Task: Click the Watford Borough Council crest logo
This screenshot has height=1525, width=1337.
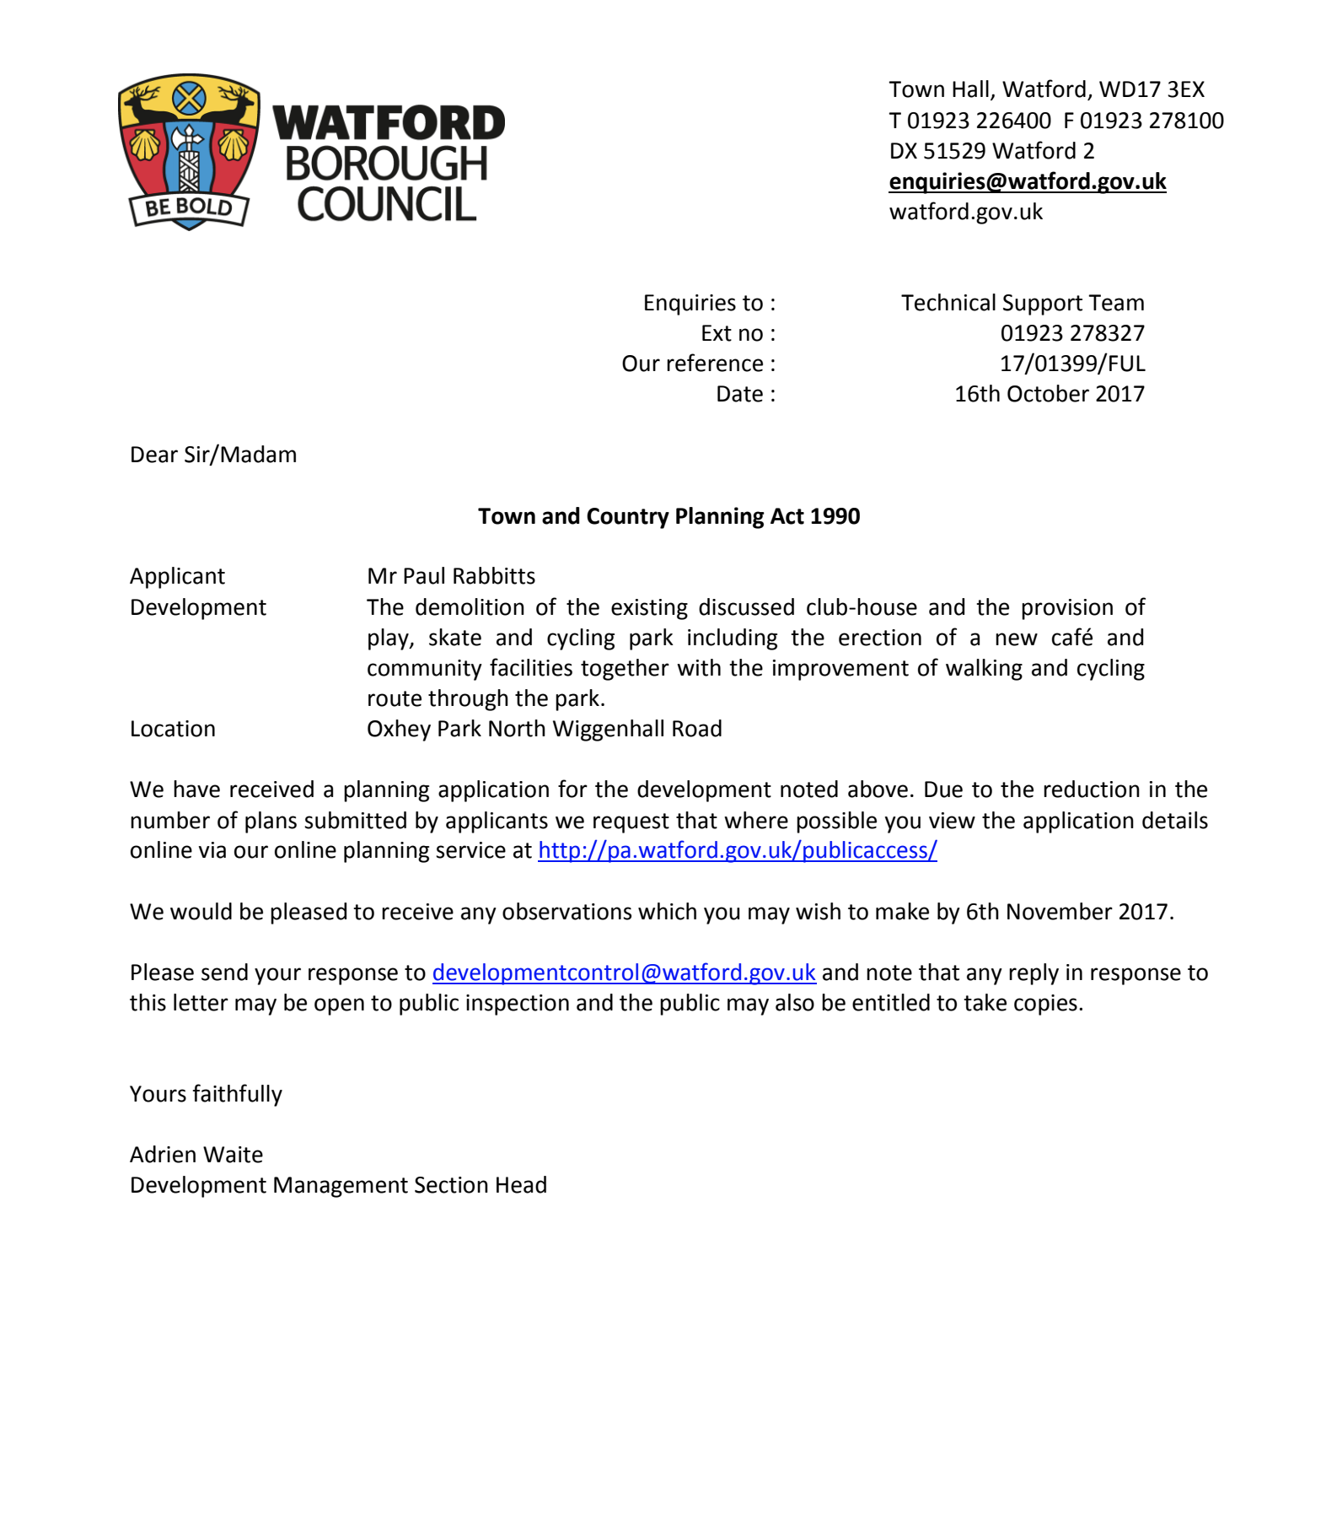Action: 189,150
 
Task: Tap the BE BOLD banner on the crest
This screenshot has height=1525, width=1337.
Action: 189,207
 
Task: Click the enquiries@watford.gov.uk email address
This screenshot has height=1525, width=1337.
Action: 1027,181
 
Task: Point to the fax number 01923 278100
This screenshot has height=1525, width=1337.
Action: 1152,121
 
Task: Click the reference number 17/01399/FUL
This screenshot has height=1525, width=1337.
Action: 1071,364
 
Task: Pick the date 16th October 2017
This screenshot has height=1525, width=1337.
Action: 1049,394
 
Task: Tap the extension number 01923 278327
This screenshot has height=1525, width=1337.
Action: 1071,333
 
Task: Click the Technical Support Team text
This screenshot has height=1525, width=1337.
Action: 1022,303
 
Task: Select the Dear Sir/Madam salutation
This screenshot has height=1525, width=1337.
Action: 213,455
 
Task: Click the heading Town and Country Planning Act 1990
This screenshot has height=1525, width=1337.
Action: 668,516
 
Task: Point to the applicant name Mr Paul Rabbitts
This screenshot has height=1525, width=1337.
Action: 451,576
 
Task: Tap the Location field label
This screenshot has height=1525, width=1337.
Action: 173,729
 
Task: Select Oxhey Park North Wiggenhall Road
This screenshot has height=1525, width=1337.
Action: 544,729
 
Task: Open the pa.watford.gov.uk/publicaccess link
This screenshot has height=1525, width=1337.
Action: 737,850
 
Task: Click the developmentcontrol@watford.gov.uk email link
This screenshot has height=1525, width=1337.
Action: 624,973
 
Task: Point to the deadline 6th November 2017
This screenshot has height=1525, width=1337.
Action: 1068,912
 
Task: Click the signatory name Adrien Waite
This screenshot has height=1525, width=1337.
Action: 196,1155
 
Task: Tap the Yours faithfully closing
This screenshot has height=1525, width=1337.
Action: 206,1094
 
